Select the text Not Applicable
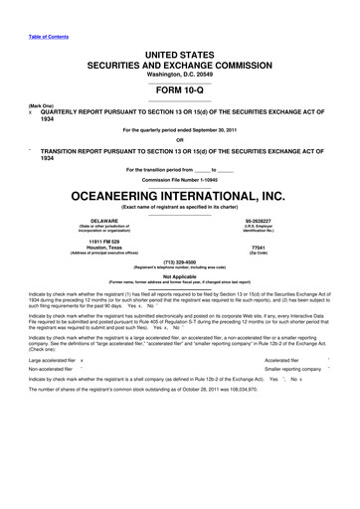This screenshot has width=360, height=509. pos(179,277)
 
